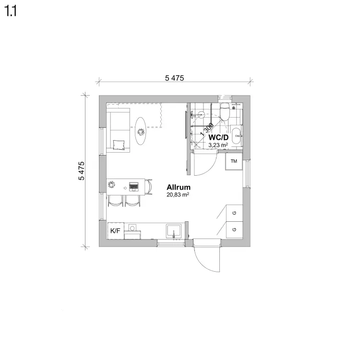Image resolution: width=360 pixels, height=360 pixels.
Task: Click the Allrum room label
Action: tap(179, 187)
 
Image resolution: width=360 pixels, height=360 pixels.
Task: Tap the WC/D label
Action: tap(218, 138)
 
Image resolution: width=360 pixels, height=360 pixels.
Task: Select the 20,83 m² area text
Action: tap(178, 195)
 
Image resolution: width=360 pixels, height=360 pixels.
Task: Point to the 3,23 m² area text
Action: tap(218, 145)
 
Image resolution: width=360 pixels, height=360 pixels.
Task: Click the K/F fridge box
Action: tap(116, 230)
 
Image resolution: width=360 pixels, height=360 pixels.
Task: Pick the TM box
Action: tap(234, 161)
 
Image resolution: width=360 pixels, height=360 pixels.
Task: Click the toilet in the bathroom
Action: tap(225, 111)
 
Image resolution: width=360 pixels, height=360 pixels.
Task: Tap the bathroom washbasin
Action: tap(237, 136)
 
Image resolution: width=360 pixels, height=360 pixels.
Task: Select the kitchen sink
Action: tap(174, 231)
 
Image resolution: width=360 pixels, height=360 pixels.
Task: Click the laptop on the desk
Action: tap(133, 187)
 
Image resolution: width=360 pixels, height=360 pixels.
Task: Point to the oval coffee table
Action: tap(140, 131)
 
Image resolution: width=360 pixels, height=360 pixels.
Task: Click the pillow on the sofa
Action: tap(119, 145)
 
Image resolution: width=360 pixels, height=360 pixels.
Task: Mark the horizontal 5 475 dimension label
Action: tap(175, 78)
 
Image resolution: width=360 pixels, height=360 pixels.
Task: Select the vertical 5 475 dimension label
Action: tap(82, 171)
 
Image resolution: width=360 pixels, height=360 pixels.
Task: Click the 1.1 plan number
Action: tap(11, 11)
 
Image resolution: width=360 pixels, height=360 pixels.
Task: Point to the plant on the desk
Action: tap(112, 184)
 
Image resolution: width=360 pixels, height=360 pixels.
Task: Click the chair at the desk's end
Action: tap(149, 187)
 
